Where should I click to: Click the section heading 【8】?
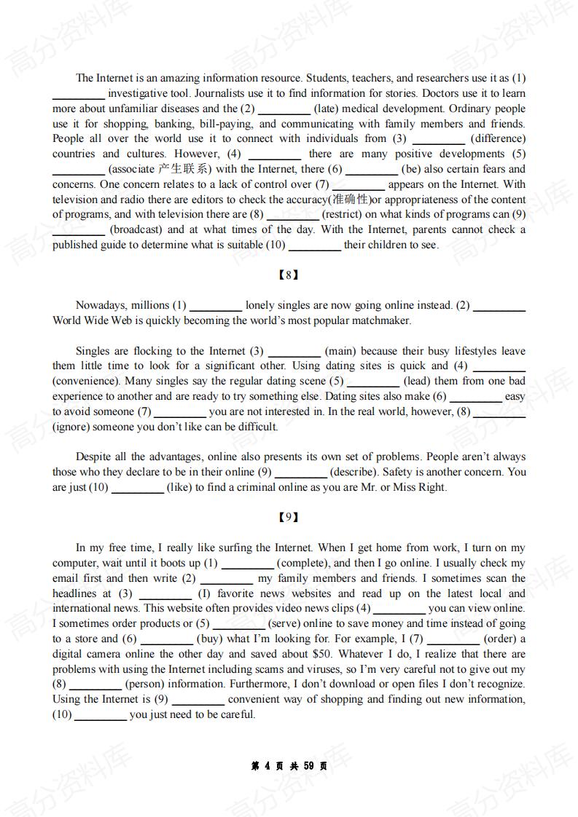[289, 275]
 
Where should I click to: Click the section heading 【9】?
[289, 517]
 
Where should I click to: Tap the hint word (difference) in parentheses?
[497, 138]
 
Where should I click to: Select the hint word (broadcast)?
[137, 229]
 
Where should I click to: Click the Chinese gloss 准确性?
[351, 199]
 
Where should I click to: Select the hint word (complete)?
[302, 563]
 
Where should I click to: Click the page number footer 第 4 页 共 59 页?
[289, 766]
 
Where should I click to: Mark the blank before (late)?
[284, 109]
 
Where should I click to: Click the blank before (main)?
[294, 352]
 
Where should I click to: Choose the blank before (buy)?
[166, 639]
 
